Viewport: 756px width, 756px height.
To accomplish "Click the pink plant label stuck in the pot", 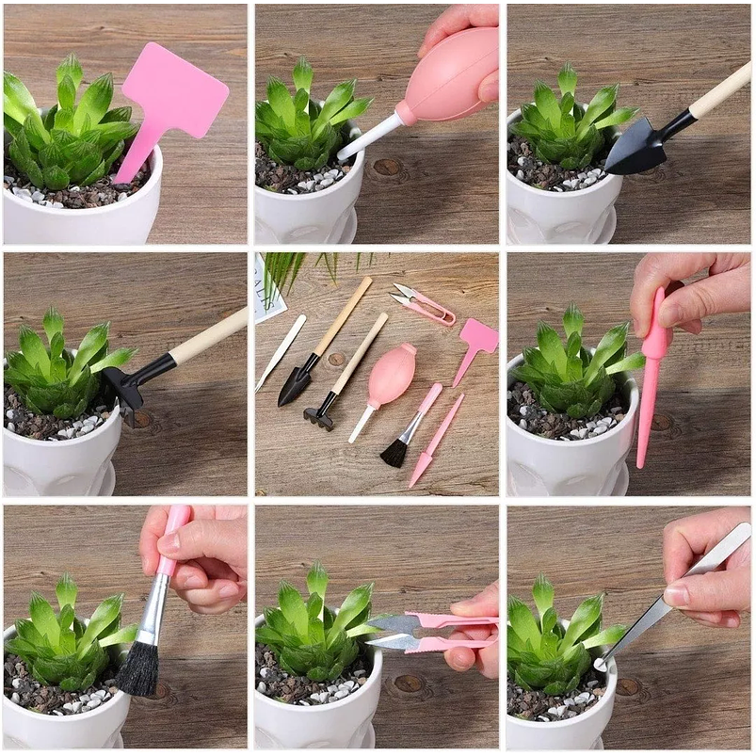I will click(x=174, y=95).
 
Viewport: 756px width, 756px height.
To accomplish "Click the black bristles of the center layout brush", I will click(x=394, y=454).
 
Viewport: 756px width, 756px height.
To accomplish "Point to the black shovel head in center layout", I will click(x=295, y=384).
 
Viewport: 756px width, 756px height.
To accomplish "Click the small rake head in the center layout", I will click(x=319, y=416).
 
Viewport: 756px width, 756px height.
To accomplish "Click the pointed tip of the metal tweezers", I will click(x=602, y=665).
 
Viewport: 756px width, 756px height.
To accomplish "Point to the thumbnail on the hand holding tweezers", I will click(x=676, y=595).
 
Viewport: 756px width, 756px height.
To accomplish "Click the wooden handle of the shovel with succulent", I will click(x=720, y=93).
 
